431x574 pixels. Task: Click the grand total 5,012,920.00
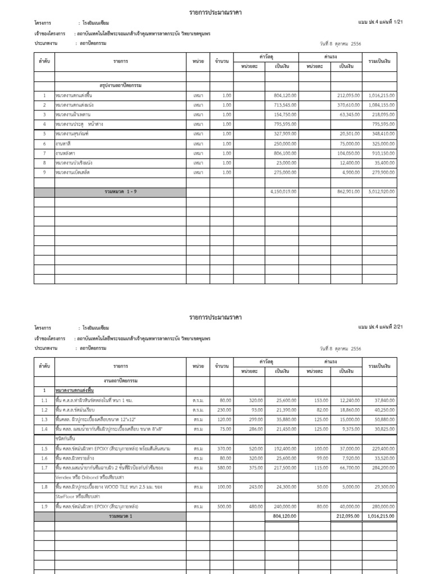point(382,192)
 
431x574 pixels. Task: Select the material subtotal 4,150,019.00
point(283,192)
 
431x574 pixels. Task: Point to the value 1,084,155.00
point(382,105)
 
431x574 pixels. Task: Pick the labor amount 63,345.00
point(351,114)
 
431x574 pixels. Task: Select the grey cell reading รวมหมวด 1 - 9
point(120,192)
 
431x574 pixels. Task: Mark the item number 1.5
point(44,448)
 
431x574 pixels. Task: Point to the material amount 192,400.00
point(283,448)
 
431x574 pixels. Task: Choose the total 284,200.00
point(383,467)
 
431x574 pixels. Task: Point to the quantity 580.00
point(225,467)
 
